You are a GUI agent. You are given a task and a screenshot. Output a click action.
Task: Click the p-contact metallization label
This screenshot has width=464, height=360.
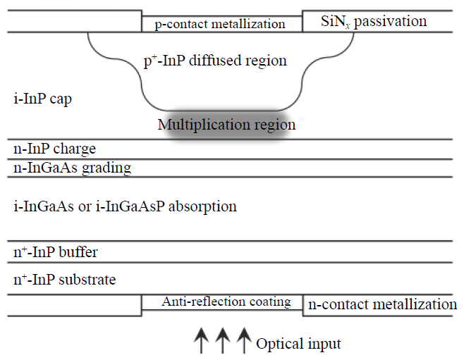[x=220, y=24]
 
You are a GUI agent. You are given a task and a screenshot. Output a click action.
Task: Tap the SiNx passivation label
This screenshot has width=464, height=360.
[x=374, y=22]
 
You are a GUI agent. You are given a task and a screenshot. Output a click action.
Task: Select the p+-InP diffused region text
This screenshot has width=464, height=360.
[x=215, y=61]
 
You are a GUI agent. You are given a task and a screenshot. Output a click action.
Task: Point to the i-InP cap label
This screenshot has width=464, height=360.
[x=42, y=99]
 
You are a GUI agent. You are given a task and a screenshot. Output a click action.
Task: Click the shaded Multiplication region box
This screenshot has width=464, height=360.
[x=226, y=125]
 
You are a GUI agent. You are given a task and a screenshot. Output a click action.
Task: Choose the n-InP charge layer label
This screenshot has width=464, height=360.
[x=55, y=149]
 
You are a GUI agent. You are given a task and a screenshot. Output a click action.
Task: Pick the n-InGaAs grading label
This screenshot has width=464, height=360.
[x=73, y=168]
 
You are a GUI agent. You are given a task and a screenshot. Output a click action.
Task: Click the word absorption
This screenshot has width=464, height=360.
[x=202, y=206]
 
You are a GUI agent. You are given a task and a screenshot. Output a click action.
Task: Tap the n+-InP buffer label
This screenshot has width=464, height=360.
[x=56, y=252]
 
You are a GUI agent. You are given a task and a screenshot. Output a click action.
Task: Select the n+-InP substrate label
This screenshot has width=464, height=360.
[x=64, y=279]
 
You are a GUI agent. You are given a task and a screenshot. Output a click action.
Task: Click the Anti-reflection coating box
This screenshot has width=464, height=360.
[x=222, y=302]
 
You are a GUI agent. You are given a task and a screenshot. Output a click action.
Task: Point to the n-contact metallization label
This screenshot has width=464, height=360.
[x=383, y=304]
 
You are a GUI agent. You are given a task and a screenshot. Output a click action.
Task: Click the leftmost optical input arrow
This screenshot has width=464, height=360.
[x=201, y=340]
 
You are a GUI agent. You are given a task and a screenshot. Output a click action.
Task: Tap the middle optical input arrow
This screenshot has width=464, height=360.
[x=223, y=340]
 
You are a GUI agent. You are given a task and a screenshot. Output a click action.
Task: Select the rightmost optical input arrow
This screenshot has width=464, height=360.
[x=244, y=340]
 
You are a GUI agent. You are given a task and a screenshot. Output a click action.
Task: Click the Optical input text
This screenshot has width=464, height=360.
[x=298, y=344]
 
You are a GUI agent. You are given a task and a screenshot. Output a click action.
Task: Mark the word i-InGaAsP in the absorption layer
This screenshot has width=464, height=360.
[x=130, y=206]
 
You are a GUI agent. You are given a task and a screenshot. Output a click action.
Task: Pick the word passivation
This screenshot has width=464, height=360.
[x=391, y=22]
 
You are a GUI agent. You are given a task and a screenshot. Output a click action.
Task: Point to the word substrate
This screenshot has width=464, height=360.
[x=87, y=280]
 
